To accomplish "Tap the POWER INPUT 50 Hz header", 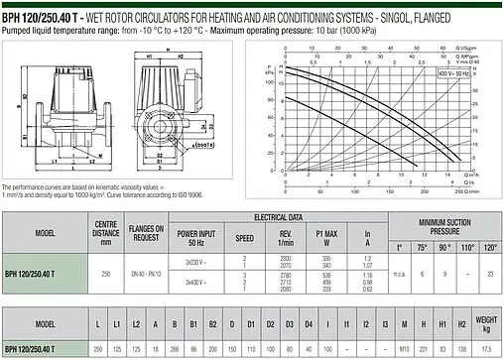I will tap(194, 238).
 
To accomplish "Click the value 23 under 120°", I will tap(490, 274).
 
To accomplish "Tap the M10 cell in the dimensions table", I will tap(404, 349).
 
